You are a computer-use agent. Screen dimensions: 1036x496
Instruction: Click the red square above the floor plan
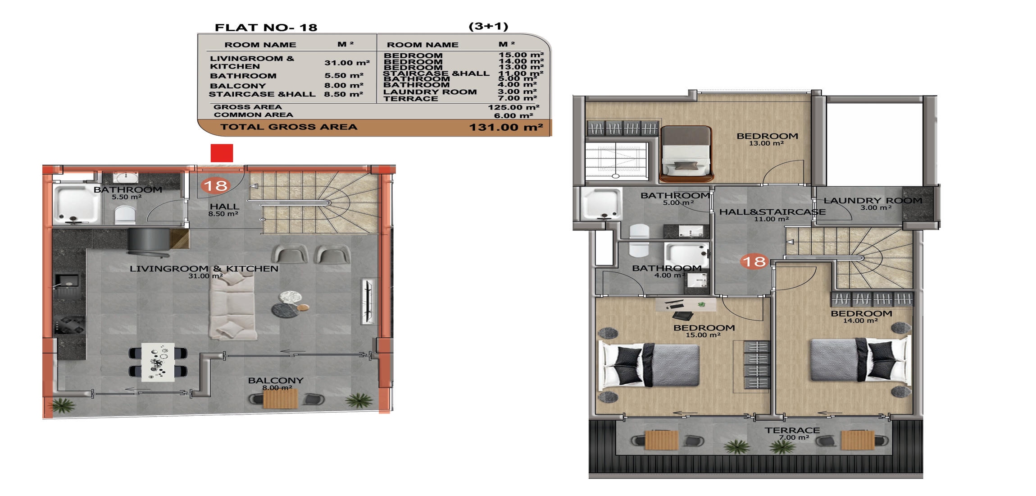click(x=222, y=153)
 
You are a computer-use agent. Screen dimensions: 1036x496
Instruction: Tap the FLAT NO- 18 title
click(x=266, y=28)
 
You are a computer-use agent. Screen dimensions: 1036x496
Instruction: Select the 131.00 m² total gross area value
click(x=506, y=127)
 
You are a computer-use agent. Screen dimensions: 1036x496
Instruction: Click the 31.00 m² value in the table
click(x=347, y=63)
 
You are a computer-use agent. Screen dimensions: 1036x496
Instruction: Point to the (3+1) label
click(x=488, y=26)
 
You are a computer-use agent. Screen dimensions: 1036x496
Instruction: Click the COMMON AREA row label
click(x=253, y=115)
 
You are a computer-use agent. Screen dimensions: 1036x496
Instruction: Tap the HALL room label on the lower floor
click(x=224, y=207)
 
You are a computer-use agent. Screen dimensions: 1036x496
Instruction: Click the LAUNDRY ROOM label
click(x=873, y=201)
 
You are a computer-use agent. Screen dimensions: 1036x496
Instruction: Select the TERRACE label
click(x=792, y=431)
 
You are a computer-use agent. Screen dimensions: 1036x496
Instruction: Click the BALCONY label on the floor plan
click(x=276, y=381)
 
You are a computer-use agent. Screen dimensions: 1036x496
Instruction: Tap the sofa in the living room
click(x=232, y=306)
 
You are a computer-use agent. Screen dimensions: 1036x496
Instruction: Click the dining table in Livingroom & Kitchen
click(x=158, y=363)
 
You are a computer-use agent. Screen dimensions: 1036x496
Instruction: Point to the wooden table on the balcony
click(x=280, y=399)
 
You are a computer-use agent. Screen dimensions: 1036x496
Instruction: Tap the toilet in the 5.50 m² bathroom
click(x=125, y=215)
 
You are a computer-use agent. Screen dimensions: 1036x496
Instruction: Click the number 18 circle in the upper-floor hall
click(x=754, y=262)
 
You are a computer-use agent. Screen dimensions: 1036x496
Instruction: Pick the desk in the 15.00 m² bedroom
click(x=686, y=305)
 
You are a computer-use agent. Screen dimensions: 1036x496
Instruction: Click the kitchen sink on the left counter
click(x=67, y=281)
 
